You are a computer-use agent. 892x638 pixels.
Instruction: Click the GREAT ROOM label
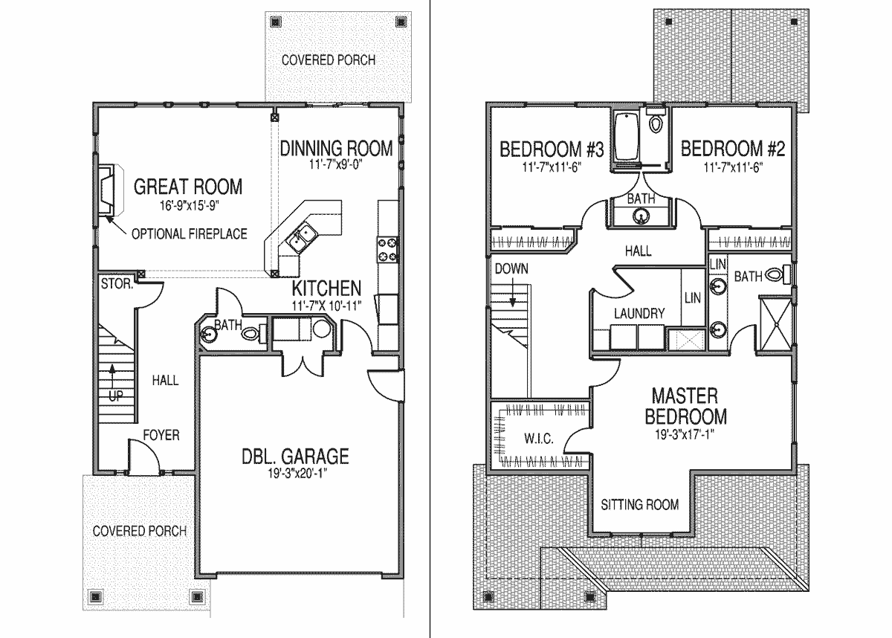tap(188, 186)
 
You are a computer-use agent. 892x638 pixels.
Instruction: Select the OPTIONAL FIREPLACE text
tap(189, 234)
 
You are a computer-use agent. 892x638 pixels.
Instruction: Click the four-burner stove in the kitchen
tap(387, 249)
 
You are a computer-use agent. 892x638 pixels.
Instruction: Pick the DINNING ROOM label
tap(336, 148)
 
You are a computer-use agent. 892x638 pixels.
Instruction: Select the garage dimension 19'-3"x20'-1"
tap(294, 474)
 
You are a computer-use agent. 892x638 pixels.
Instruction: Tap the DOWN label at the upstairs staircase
tap(511, 268)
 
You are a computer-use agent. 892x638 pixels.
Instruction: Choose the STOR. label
tap(117, 283)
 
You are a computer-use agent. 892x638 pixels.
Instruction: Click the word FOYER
tap(161, 435)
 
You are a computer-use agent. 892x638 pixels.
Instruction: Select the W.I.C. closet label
tap(537, 439)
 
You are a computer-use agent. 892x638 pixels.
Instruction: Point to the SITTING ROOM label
tap(640, 505)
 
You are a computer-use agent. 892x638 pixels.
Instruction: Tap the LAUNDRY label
tap(639, 314)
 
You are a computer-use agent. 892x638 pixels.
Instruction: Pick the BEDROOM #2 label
tap(733, 148)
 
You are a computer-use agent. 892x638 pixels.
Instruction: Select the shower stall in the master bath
tap(774, 324)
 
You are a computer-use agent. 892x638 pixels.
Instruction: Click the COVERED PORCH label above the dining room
tap(328, 59)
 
